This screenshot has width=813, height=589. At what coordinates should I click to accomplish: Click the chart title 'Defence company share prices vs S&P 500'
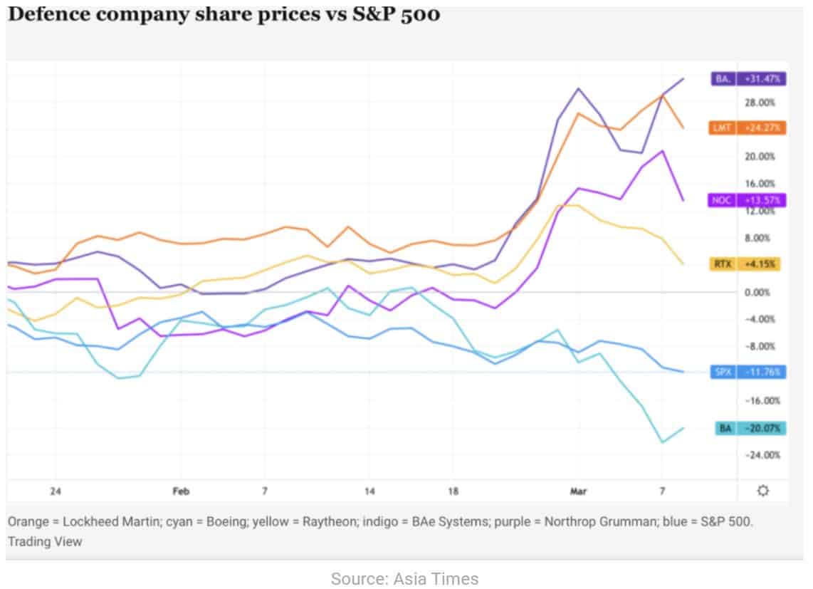[x=223, y=14]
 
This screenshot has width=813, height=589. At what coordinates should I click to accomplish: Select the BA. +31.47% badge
[x=748, y=79]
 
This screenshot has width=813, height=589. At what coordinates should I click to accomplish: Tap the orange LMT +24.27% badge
[x=748, y=128]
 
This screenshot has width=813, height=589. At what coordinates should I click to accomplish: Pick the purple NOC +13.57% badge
[x=748, y=200]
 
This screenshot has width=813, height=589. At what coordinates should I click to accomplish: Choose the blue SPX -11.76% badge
[x=748, y=372]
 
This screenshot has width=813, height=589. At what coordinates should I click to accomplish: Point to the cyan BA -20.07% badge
[x=748, y=429]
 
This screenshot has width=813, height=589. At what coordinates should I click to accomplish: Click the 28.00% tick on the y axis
[x=760, y=103]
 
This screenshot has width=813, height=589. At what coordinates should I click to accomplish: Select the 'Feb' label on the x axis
[x=181, y=491]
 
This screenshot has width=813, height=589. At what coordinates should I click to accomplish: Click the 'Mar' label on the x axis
[x=578, y=491]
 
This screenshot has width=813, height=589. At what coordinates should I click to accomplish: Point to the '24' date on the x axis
[x=56, y=491]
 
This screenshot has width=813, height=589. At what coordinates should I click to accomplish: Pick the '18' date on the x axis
[x=453, y=491]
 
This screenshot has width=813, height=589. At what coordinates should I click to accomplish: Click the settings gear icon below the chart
[x=763, y=491]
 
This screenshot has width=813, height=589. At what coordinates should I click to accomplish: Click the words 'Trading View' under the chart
[x=45, y=541]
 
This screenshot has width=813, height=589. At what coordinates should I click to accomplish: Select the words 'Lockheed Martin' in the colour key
[x=103, y=521]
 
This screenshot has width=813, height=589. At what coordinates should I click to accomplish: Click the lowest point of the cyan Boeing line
[x=663, y=442]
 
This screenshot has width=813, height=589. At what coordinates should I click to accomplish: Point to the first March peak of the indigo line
[x=578, y=89]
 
